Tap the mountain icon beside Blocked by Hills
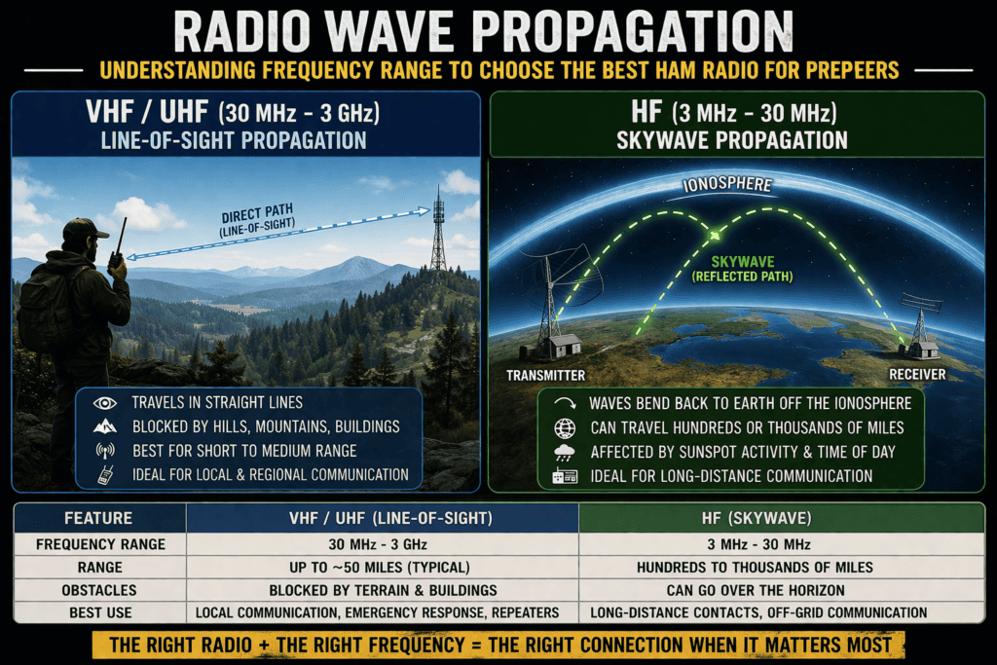[104, 426]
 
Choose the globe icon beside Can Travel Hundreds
[564, 427]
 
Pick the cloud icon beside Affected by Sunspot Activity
[564, 452]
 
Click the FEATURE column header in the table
[98, 519]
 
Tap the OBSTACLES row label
[98, 589]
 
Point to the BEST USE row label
[98, 612]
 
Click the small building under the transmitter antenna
[564, 345]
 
